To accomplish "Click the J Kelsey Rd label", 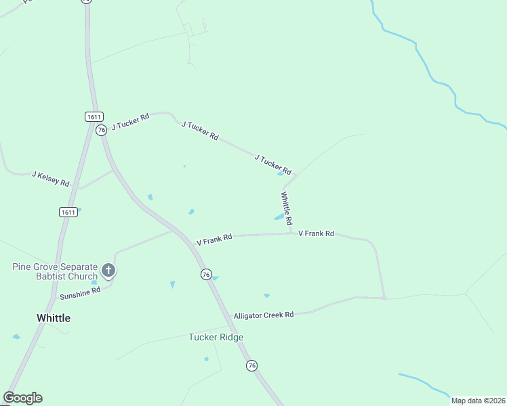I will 51,179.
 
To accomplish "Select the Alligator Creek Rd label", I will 263,315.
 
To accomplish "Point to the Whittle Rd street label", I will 287,208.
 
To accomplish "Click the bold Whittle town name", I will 54,318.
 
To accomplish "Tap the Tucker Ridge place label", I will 216,337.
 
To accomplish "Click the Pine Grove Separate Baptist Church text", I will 54,271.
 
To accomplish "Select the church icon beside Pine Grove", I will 108,271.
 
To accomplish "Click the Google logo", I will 22,398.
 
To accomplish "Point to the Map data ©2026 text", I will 478,401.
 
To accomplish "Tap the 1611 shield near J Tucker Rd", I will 94,116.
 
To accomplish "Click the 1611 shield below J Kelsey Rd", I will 67,212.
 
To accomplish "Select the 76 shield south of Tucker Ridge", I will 251,365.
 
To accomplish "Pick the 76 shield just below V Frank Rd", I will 205,274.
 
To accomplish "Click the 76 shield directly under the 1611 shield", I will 101,129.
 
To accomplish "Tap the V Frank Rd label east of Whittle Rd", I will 316,233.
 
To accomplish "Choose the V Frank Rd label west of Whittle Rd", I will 214,240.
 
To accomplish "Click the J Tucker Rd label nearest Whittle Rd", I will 272,164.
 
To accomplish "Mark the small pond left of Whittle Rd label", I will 279,217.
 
